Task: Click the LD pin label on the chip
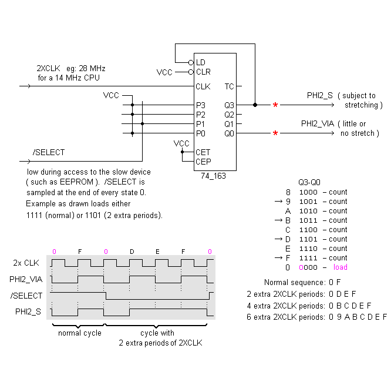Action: (200, 62)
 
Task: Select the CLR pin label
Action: (203, 72)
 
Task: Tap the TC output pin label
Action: (229, 86)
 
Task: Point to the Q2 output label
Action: (229, 115)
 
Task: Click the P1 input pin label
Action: (200, 124)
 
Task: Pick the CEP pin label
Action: (203, 162)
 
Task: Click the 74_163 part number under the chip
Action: (213, 176)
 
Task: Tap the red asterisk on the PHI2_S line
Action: (275, 105)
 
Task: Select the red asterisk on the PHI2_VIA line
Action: (275, 133)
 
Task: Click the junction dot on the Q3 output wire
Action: (255, 105)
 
